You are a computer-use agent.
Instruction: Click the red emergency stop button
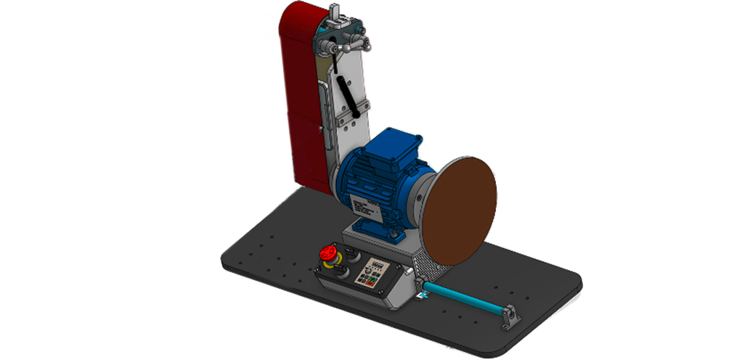[x=327, y=254]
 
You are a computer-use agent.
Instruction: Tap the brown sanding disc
[x=460, y=210]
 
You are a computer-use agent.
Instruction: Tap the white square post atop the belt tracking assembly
[x=335, y=12]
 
